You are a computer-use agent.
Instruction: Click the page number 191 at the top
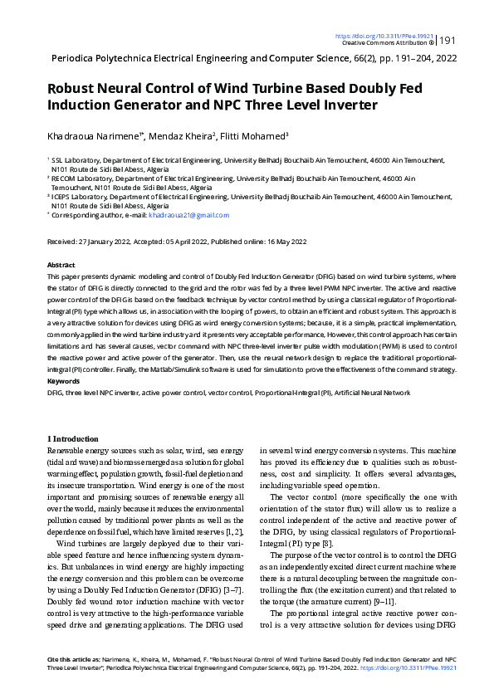(448, 41)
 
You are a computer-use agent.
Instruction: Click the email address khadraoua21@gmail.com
(188, 215)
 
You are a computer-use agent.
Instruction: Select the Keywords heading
(64, 382)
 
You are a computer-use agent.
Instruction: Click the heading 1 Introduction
(73, 438)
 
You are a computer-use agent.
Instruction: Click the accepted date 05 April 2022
(188, 241)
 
